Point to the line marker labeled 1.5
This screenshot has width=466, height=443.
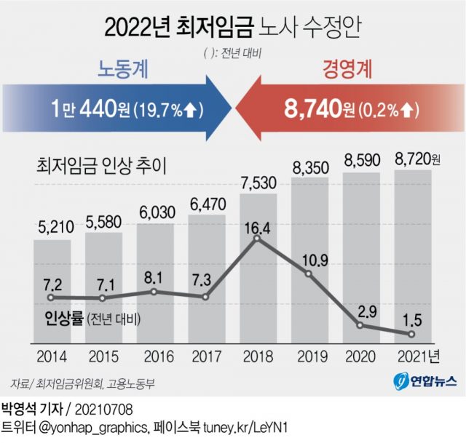click(x=411, y=334)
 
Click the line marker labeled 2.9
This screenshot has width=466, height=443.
click(x=360, y=325)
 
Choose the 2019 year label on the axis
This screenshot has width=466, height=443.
click(x=309, y=357)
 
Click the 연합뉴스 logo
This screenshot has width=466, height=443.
click(x=425, y=380)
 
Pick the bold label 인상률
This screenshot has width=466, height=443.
click(x=63, y=319)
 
